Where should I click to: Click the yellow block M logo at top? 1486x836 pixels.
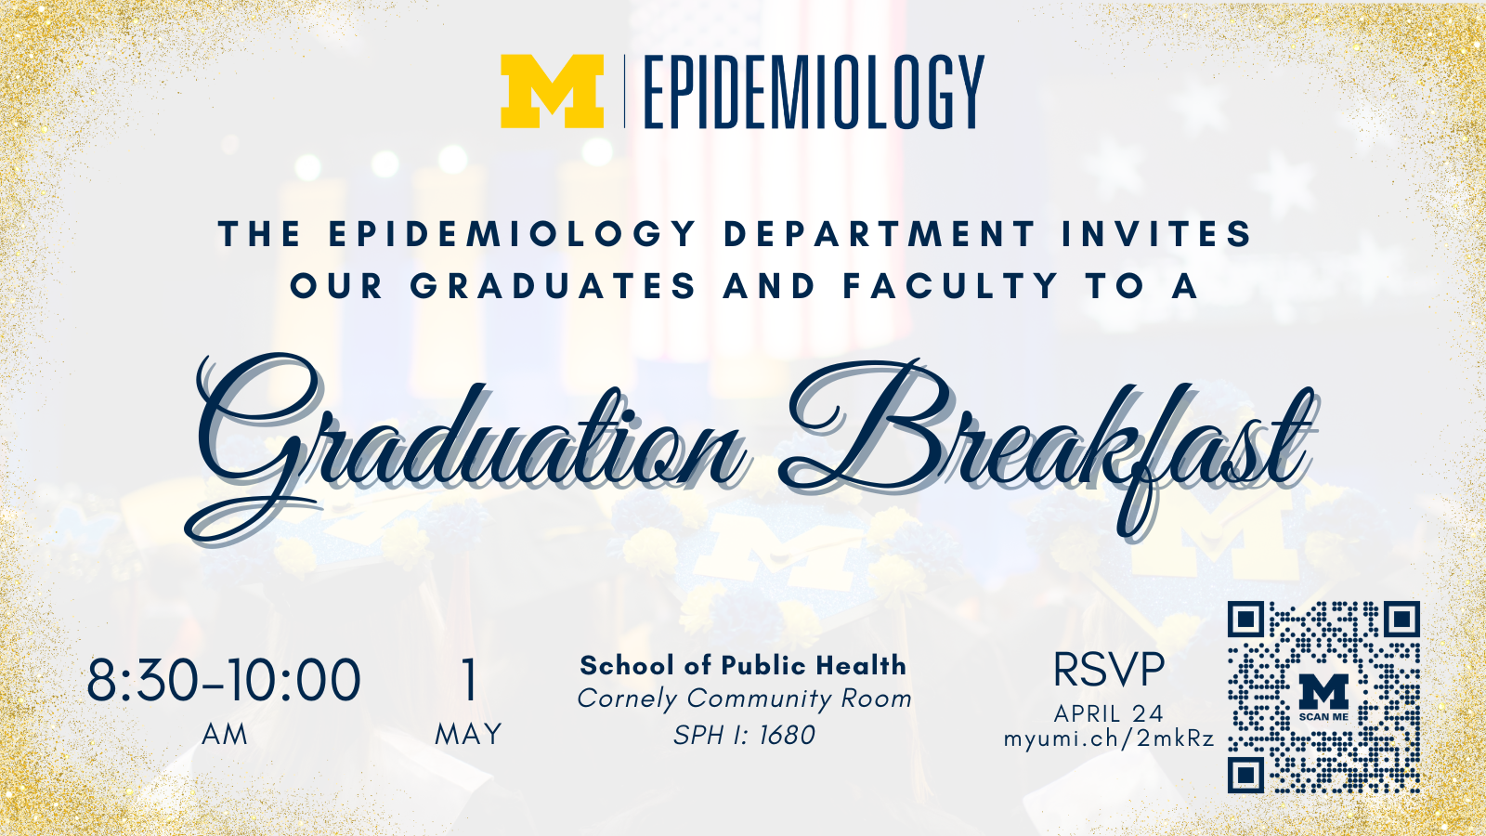[552, 91]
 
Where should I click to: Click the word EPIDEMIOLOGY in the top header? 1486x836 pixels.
[814, 92]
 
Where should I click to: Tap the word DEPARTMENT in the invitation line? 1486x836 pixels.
[879, 234]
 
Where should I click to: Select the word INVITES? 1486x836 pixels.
[1157, 234]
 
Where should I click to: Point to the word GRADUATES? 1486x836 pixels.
[554, 286]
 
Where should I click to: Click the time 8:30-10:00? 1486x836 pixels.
[224, 680]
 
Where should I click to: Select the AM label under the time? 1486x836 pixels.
[225, 735]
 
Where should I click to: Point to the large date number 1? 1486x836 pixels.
[469, 680]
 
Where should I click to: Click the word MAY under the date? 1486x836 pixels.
[468, 735]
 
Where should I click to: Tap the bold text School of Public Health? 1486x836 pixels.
[743, 665]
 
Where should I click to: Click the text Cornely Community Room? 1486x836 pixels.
[744, 699]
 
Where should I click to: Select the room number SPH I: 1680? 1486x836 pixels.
[744, 735]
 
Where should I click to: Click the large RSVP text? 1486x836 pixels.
[1109, 670]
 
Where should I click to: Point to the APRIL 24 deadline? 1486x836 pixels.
[1109, 713]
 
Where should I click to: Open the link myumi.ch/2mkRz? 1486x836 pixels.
[1109, 738]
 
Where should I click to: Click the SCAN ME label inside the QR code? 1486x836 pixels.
[1323, 716]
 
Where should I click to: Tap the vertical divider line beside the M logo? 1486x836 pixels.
[624, 92]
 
